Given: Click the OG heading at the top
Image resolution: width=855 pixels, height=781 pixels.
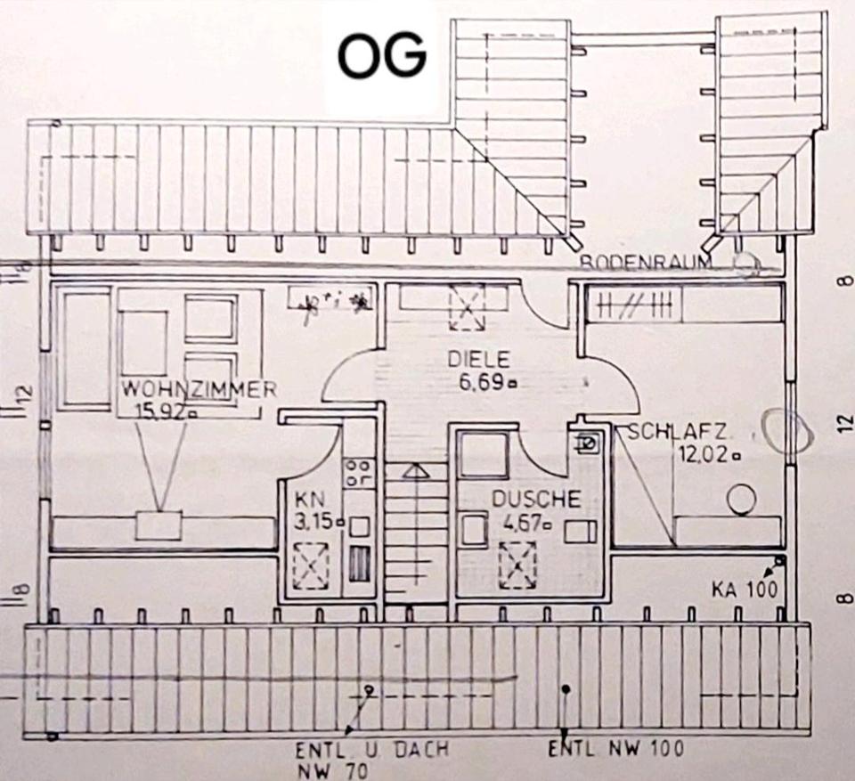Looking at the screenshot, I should click(380, 58).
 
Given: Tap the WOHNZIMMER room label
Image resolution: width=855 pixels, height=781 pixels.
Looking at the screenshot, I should click(199, 389).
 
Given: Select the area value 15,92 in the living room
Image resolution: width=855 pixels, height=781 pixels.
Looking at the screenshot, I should click(165, 411).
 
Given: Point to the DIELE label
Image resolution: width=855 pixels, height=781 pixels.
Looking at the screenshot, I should click(478, 360).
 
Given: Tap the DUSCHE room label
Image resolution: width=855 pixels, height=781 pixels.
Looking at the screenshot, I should click(536, 500).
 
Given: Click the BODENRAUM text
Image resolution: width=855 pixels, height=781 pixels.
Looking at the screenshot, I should click(646, 263).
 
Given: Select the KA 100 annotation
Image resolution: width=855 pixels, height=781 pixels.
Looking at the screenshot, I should click(745, 589).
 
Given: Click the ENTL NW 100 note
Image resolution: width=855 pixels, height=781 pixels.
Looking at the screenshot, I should click(616, 747).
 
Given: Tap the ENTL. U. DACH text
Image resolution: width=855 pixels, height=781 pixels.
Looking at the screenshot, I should click(372, 751).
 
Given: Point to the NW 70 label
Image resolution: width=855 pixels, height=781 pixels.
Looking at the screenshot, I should click(332, 770).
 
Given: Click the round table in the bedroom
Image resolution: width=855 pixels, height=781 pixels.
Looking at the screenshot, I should click(738, 500).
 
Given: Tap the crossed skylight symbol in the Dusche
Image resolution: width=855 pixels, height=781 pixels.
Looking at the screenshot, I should click(517, 565).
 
